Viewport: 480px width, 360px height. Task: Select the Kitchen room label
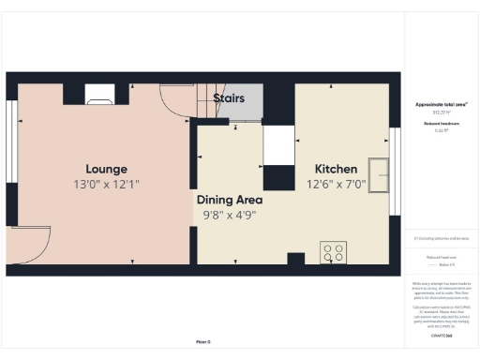tap(336, 169)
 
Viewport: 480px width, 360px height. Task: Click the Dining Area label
tap(229, 200)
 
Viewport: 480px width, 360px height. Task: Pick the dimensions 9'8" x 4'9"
tap(229, 215)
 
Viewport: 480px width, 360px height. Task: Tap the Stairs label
tap(230, 97)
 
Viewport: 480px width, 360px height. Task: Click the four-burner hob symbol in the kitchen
tap(333, 252)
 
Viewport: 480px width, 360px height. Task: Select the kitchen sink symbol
tap(380, 174)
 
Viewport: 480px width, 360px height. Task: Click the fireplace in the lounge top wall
tap(99, 92)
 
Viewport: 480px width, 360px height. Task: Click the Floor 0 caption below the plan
tap(202, 341)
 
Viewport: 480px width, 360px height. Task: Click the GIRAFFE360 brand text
tap(440, 335)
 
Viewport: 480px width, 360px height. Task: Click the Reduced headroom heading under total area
tap(440, 123)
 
